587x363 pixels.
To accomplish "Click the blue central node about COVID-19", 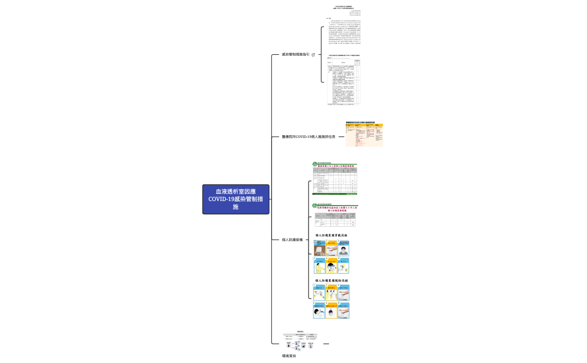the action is pos(235,199).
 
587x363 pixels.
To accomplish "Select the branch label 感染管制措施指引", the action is pos(296,55).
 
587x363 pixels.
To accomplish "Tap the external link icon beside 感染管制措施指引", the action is pos(313,55).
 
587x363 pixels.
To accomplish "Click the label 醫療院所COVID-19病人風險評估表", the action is pos(309,137).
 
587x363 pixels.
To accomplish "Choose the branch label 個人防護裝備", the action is pos(292,240).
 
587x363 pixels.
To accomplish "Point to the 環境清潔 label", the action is pos(288,355).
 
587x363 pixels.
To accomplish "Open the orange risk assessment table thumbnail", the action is pos(364,135).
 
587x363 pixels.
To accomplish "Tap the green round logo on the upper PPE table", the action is pos(315,164).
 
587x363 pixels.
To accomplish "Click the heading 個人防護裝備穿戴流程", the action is pos(331,236).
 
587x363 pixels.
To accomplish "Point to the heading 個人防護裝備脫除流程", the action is pos(331,281).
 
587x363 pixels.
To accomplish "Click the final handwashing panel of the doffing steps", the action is pos(344,310).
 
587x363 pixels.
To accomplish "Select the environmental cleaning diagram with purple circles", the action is pos(300,342).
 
